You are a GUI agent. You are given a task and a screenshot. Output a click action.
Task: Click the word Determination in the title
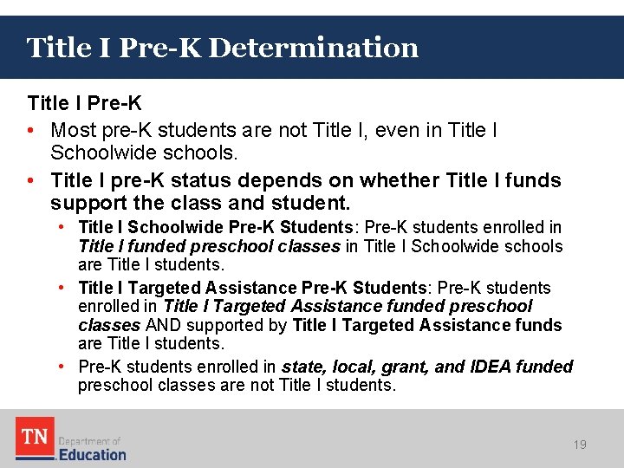[313, 47]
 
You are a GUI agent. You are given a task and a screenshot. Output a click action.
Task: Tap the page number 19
[580, 445]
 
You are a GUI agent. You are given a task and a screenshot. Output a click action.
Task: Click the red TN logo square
[35, 438]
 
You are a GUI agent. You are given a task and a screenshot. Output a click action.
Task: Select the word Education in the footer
[92, 454]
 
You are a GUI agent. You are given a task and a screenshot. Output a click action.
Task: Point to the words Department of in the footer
[89, 440]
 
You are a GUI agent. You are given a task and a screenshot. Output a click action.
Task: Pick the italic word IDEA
[491, 367]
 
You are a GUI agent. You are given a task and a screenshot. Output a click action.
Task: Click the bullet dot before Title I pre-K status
[32, 181]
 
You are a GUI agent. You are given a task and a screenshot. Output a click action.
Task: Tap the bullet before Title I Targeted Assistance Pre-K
[64, 288]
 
